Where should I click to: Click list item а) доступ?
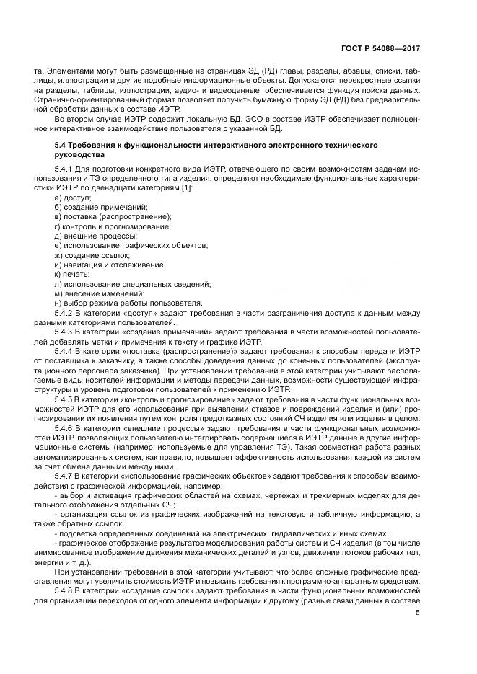point(73,198)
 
